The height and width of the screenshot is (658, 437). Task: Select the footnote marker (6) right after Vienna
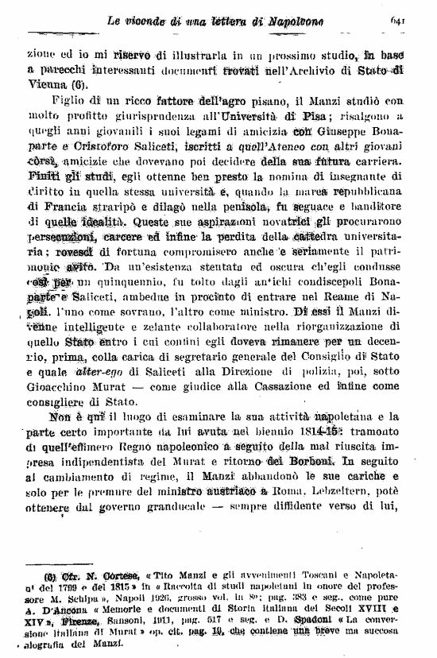point(77,83)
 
